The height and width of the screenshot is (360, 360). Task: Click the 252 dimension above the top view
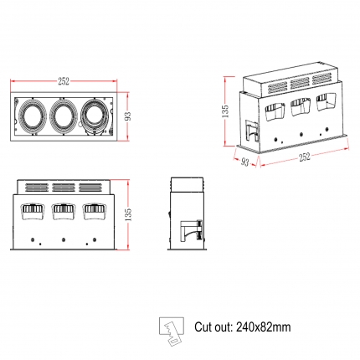64,81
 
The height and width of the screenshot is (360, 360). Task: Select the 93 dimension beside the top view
127,116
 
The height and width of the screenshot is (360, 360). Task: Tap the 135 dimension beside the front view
127,214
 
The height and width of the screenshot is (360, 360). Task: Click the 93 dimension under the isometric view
244,162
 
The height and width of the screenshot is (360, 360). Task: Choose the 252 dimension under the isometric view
305,157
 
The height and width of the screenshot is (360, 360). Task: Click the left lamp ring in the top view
33,116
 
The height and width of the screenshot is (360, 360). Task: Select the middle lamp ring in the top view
64,116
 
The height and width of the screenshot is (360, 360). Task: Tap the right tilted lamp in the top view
95,116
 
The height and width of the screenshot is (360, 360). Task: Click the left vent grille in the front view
37,188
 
